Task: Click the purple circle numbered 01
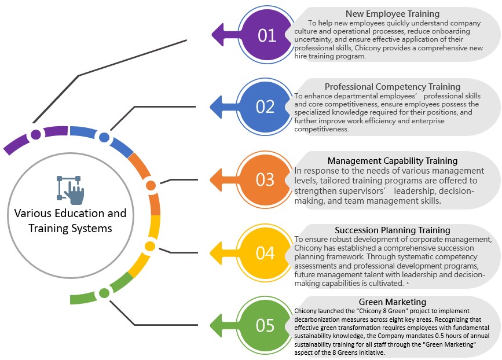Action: (267, 36)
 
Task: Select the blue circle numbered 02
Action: (265, 107)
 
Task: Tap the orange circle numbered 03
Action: (265, 180)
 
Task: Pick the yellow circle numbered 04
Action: (265, 253)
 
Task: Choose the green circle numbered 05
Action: (265, 325)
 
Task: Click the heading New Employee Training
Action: (393, 13)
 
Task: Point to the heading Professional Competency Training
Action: (393, 87)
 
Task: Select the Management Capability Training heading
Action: (393, 160)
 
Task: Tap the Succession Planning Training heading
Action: (393, 230)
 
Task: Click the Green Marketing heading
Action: (393, 302)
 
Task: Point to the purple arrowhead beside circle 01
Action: (221, 35)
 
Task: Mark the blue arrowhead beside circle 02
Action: (219, 107)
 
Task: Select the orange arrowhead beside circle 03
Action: (219, 180)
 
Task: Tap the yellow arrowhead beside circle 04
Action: (219, 253)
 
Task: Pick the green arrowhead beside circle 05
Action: (219, 325)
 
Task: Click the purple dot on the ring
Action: (36, 135)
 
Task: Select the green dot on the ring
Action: (104, 293)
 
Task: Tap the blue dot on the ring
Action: (104, 137)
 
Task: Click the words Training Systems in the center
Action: (71, 228)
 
